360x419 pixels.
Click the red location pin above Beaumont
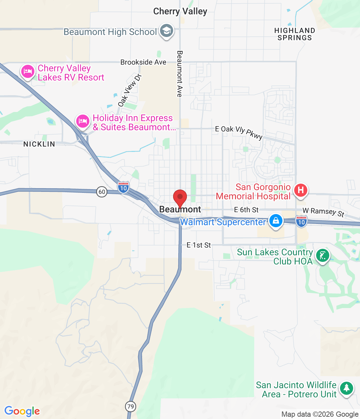click(x=180, y=197)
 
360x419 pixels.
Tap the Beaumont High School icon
click(x=167, y=31)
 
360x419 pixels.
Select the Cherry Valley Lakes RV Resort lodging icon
click(x=28, y=71)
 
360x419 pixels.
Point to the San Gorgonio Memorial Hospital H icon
click(x=300, y=190)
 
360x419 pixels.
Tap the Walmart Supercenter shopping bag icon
click(x=276, y=221)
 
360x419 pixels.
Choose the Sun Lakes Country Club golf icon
click(x=322, y=256)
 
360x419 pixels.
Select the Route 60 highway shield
click(x=102, y=192)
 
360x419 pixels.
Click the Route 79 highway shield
click(x=131, y=407)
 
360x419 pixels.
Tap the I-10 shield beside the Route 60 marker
click(x=123, y=188)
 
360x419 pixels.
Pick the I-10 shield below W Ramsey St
click(x=301, y=222)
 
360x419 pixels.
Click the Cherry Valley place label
click(x=180, y=11)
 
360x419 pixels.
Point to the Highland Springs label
click(x=295, y=34)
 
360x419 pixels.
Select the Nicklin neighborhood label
click(x=39, y=144)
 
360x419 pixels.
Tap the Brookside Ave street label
click(x=143, y=62)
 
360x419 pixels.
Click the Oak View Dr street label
click(x=130, y=90)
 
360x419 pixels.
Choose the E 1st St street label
click(x=199, y=245)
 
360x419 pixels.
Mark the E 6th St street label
click(x=246, y=210)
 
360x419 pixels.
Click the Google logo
click(x=22, y=411)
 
